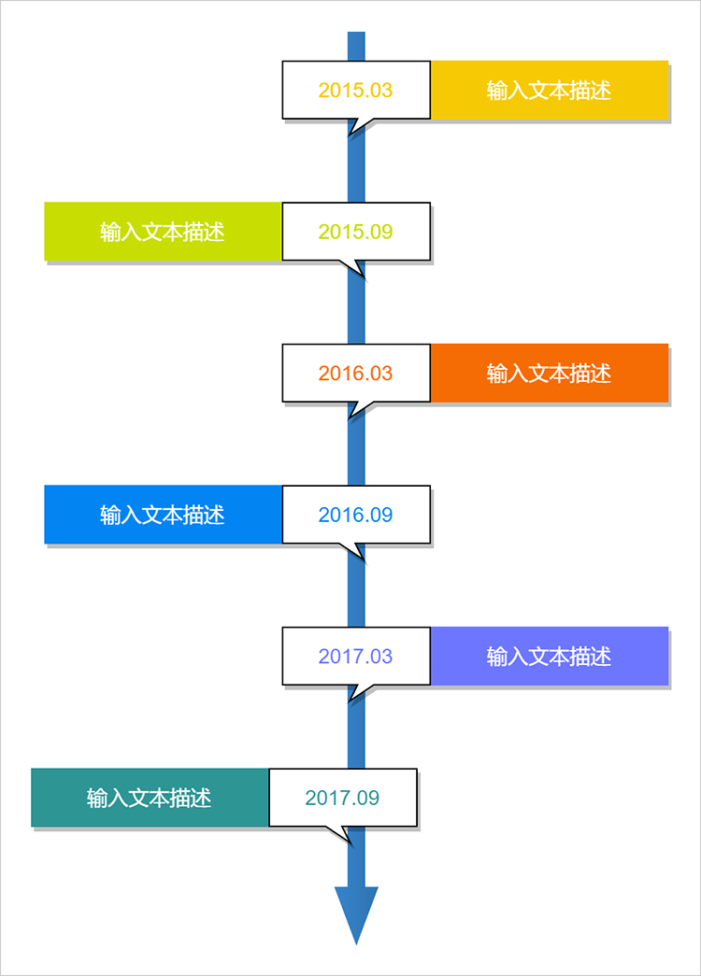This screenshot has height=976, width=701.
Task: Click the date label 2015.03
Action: [x=355, y=91]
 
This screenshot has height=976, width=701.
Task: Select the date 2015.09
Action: [x=355, y=232]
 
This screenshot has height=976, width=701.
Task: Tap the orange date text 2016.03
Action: [x=355, y=373]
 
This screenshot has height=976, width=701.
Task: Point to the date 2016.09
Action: [x=355, y=515]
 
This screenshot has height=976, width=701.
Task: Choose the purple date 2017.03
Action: [x=355, y=656]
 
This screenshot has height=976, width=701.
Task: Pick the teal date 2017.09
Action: [x=342, y=798]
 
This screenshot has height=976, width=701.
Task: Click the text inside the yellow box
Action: [x=549, y=91]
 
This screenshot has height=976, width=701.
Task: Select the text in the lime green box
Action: [x=162, y=232]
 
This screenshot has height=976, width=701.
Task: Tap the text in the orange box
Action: [x=549, y=373]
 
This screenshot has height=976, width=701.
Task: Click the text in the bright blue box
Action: [x=162, y=515]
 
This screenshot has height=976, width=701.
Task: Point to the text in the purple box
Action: [x=549, y=656]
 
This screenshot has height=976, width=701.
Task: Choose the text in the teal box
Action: [x=149, y=798]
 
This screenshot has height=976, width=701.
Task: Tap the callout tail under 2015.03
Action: [x=359, y=125]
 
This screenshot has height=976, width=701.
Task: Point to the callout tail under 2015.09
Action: [x=352, y=267]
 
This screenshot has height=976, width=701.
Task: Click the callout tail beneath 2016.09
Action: [x=352, y=550]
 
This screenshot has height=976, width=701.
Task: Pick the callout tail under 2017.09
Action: [x=339, y=833]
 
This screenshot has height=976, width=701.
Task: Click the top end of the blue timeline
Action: [x=356, y=33]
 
